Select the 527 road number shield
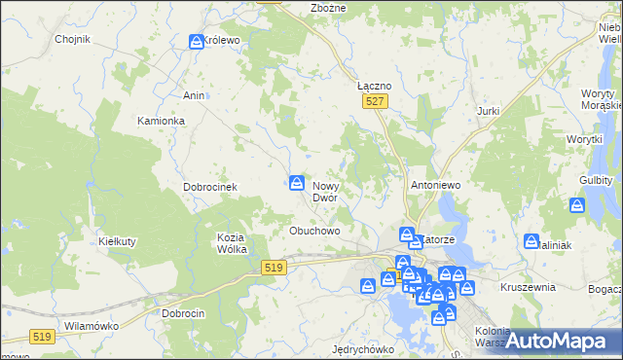[376, 100]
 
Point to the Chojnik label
[73, 40]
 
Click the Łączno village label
[374, 86]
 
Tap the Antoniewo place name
[435, 184]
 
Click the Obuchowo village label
[314, 231]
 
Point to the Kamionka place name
[161, 121]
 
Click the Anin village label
[193, 95]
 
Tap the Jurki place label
[488, 111]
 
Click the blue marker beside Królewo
[196, 41]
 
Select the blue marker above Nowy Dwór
[297, 182]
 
